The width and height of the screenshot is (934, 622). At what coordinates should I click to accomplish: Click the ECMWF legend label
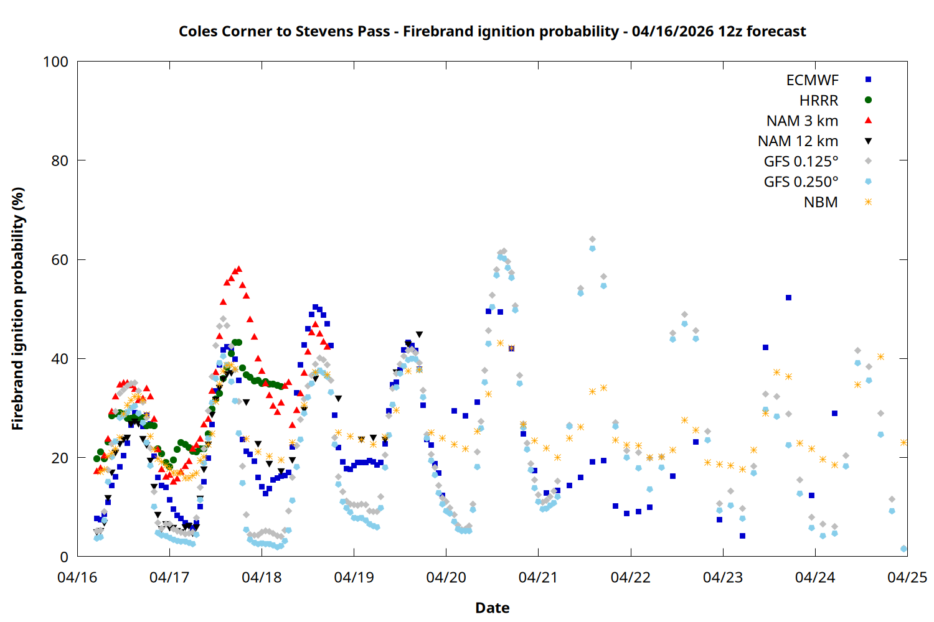pyautogui.click(x=812, y=80)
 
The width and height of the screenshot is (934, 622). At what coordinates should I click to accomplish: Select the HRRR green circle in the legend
pyautogui.click(x=868, y=100)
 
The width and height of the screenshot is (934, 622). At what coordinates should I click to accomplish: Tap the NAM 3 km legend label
pyautogui.click(x=802, y=121)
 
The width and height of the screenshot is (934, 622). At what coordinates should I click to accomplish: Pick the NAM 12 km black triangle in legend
pyautogui.click(x=868, y=141)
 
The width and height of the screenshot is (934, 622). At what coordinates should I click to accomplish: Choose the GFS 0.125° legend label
pyautogui.click(x=801, y=162)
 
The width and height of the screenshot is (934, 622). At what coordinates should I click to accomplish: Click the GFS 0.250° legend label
pyautogui.click(x=801, y=182)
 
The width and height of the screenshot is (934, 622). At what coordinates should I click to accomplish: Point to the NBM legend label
pyautogui.click(x=821, y=202)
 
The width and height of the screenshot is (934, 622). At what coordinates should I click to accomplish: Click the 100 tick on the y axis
pyautogui.click(x=55, y=62)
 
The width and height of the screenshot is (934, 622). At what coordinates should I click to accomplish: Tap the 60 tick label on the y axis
pyautogui.click(x=60, y=260)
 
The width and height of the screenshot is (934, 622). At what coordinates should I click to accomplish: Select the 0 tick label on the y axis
pyautogui.click(x=64, y=557)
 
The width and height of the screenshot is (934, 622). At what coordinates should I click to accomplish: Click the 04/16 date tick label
pyautogui.click(x=77, y=577)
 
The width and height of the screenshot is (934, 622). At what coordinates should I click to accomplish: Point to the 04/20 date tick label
pyautogui.click(x=446, y=577)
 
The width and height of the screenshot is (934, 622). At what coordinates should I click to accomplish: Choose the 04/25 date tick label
pyautogui.click(x=907, y=577)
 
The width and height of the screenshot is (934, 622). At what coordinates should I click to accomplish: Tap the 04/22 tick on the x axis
pyautogui.click(x=630, y=577)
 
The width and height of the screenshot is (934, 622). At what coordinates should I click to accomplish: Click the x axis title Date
pyautogui.click(x=492, y=608)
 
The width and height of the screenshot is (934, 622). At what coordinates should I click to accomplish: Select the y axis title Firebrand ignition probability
pyautogui.click(x=17, y=309)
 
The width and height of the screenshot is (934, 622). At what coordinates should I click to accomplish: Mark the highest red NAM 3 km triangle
pyautogui.click(x=238, y=269)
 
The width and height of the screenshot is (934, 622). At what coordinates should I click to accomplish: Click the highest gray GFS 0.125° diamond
pyautogui.click(x=592, y=239)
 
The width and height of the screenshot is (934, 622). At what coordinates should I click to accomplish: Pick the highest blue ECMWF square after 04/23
pyautogui.click(x=788, y=298)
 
